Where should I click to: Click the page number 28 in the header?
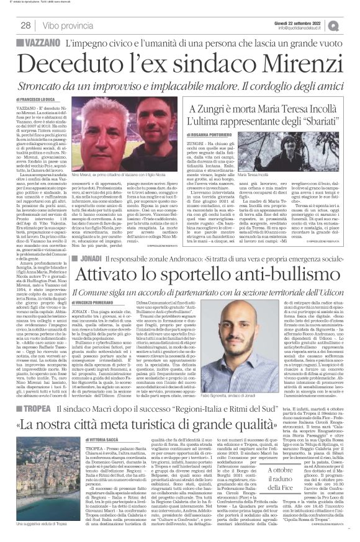coord(27,25)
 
